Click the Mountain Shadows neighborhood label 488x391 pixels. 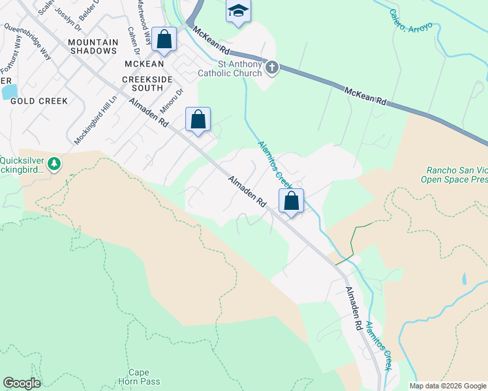[x=93, y=46]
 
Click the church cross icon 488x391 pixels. [x=272, y=66]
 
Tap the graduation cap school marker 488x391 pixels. [x=238, y=10]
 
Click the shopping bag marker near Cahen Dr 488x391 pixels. [x=165, y=39]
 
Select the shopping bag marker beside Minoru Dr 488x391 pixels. [x=198, y=119]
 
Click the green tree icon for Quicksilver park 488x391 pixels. [x=55, y=163]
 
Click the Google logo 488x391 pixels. [x=22, y=383]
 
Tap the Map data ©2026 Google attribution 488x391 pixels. [x=448, y=386]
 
